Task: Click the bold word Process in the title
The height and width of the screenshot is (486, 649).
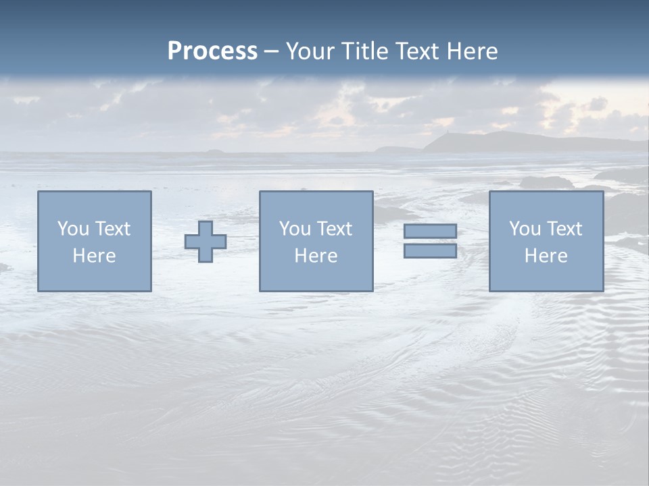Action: (212, 51)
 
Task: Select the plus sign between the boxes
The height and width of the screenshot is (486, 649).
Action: (206, 241)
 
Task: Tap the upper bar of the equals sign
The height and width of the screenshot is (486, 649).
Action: (430, 231)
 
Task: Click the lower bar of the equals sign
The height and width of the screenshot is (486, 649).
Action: (430, 251)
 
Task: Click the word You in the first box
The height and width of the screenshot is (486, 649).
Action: (73, 229)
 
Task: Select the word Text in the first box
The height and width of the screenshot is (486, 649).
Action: (113, 229)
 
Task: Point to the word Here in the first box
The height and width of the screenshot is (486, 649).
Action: (94, 256)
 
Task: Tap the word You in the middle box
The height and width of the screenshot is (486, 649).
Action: (295, 229)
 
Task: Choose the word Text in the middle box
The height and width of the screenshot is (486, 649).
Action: (335, 229)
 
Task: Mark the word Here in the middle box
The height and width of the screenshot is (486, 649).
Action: (316, 256)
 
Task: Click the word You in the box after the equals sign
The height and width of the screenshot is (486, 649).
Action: (525, 229)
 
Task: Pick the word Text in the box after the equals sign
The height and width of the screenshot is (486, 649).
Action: (564, 229)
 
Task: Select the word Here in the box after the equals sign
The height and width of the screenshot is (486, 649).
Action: (546, 256)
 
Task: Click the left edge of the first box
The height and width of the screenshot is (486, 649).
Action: (38, 241)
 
